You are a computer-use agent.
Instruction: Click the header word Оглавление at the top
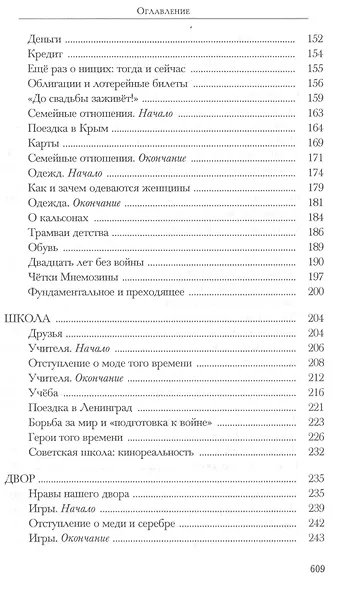point(180,12)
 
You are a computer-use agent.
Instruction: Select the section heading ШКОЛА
point(40,346)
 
